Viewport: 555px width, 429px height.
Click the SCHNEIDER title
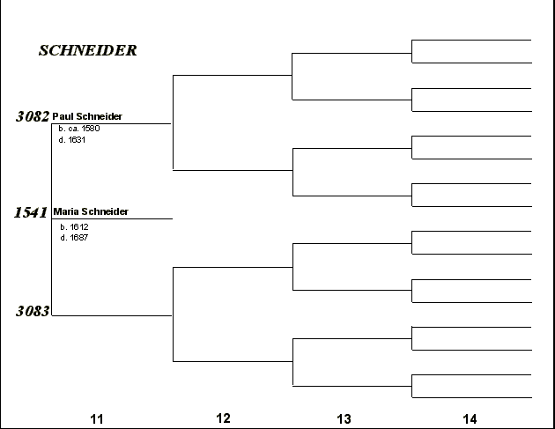(88, 50)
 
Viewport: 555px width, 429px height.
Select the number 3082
(33, 116)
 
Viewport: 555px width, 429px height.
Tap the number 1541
(31, 212)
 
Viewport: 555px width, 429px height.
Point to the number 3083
(33, 311)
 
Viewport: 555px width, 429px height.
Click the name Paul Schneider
(87, 116)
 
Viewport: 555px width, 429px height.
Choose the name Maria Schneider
(91, 211)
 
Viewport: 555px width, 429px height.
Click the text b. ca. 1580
(79, 129)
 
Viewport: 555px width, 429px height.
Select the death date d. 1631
(72, 140)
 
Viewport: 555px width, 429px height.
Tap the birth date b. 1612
(74, 227)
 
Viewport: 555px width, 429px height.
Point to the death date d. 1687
(74, 238)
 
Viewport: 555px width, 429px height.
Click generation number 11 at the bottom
(97, 419)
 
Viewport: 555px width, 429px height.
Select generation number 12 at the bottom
(223, 418)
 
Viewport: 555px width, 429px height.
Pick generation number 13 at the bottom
(344, 419)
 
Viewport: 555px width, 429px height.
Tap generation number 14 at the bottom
(470, 419)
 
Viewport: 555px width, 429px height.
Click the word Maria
(66, 211)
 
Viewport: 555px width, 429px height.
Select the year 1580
(91, 129)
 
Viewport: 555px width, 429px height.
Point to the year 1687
(79, 238)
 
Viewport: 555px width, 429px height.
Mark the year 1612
(79, 227)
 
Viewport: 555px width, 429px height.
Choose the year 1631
(77, 140)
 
